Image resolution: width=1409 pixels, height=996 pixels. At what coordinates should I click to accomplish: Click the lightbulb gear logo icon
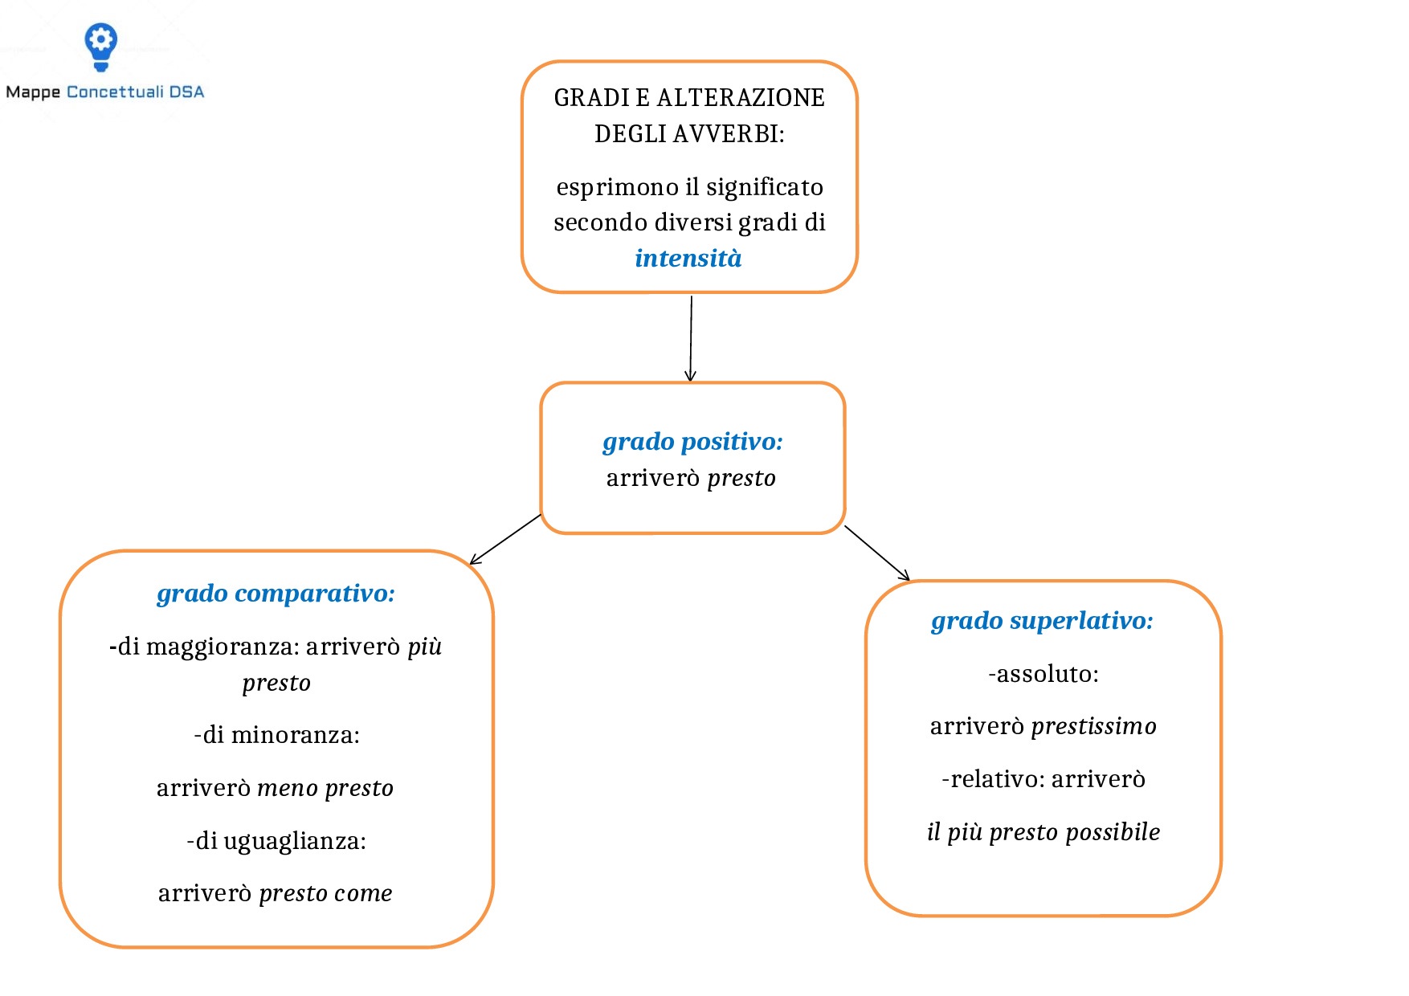tap(101, 45)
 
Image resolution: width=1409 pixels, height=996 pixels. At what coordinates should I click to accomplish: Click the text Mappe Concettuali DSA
tap(105, 92)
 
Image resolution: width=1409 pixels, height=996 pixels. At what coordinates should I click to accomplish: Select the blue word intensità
tap(688, 259)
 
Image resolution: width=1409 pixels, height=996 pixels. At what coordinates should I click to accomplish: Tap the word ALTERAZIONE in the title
tap(741, 98)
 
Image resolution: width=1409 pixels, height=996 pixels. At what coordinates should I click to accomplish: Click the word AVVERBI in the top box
tap(725, 134)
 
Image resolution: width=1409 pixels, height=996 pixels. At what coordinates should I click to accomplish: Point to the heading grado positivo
tap(692, 442)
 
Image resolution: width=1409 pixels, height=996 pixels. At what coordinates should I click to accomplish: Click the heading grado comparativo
tap(276, 594)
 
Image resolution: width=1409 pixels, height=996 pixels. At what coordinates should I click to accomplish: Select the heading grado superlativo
tap(1042, 621)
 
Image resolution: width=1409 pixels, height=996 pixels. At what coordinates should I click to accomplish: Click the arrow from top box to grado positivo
tap(691, 337)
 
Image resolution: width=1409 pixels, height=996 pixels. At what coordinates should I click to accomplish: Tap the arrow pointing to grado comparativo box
tap(506, 539)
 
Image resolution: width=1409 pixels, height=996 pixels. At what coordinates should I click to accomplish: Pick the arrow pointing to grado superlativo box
tap(877, 553)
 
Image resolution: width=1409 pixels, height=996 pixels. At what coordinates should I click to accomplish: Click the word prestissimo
tap(1093, 726)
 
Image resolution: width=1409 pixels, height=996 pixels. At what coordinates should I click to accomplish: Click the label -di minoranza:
tap(276, 735)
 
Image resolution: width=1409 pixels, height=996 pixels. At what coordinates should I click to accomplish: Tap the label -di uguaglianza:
tap(276, 841)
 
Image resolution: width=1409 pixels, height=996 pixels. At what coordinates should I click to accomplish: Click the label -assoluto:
tap(1043, 674)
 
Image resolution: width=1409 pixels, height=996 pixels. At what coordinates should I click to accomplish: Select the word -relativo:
tap(993, 779)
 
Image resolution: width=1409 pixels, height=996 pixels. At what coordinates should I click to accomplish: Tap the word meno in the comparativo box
tap(288, 788)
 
